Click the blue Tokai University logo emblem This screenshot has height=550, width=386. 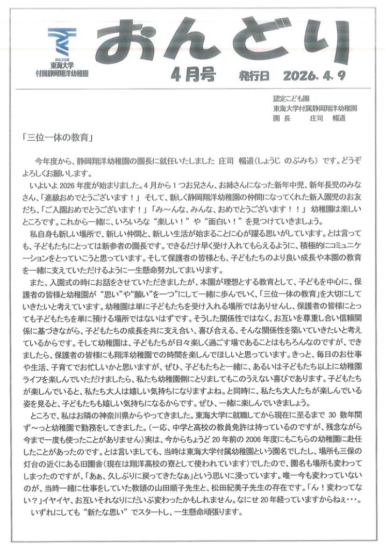pos(62,39)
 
